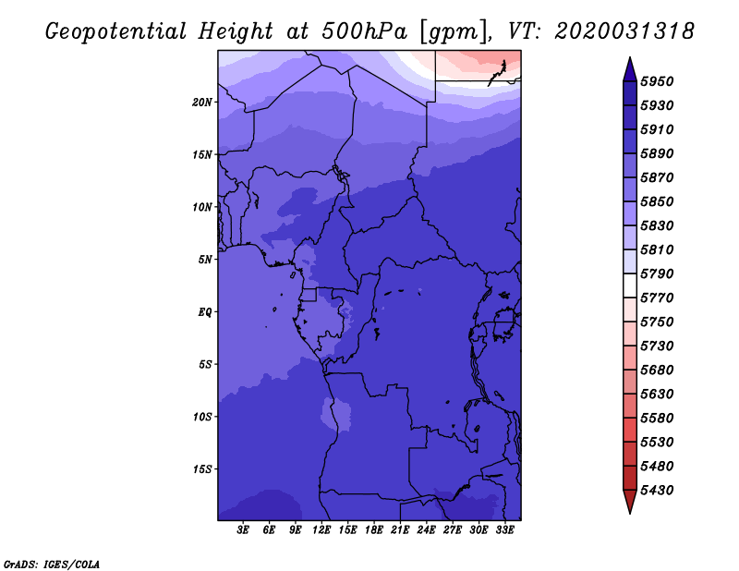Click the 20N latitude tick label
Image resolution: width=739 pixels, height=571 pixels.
[202, 102]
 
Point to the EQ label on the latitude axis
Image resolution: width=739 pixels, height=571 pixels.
[205, 312]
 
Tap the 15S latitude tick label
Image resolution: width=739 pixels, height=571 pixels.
[202, 469]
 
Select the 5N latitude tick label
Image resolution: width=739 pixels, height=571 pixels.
[205, 260]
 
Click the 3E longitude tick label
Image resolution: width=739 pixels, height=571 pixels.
[244, 530]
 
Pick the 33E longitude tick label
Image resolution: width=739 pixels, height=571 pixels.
[504, 530]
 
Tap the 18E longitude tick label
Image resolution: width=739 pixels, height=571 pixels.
[374, 530]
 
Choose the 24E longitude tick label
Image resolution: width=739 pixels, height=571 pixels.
[426, 530]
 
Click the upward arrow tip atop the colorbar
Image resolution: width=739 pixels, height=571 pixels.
[629, 60]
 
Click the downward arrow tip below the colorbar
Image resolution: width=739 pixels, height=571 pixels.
[629, 510]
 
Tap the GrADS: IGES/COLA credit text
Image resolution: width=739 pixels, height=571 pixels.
[52, 563]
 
